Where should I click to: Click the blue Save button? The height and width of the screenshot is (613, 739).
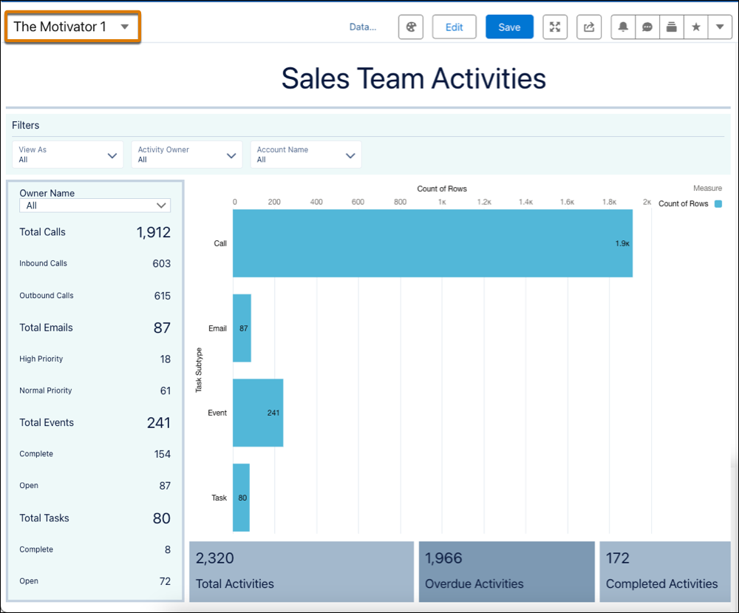click(509, 27)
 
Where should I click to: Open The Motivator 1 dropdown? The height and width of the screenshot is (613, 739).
click(72, 27)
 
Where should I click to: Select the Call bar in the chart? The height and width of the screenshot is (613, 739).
click(432, 243)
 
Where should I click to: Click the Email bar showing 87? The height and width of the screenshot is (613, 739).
click(242, 328)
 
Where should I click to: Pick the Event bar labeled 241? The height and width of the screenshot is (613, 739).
click(257, 413)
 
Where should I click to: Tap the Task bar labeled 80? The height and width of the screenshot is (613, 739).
click(241, 498)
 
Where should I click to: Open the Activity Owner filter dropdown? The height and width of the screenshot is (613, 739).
click(187, 155)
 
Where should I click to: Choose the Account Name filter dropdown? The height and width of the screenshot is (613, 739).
click(306, 155)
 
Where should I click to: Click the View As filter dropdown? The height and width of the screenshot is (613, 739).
click(68, 155)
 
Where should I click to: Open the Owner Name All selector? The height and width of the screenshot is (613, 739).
click(95, 206)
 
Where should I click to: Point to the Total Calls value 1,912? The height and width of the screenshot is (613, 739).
click(153, 232)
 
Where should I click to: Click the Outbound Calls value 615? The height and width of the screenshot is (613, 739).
click(162, 296)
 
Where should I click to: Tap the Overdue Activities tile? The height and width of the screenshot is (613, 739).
click(506, 572)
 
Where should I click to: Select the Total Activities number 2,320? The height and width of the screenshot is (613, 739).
click(215, 558)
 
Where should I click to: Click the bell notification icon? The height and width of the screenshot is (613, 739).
click(623, 27)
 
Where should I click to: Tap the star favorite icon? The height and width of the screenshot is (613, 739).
click(695, 27)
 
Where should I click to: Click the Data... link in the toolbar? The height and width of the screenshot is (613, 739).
click(362, 27)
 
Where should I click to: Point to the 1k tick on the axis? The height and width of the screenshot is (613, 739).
click(442, 201)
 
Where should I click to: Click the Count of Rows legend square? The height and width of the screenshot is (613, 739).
click(718, 203)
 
